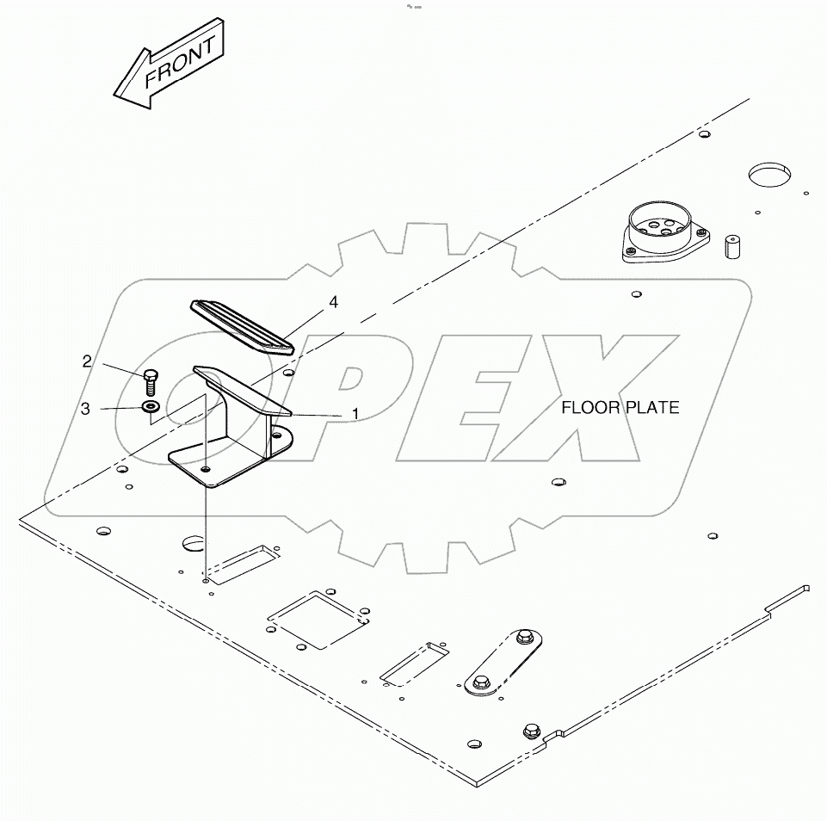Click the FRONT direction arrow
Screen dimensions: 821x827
tap(170, 65)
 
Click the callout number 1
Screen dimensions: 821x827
tap(355, 414)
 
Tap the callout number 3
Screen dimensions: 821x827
tap(85, 410)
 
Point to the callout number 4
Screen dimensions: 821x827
tap(332, 302)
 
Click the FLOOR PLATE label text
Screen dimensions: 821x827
tap(620, 407)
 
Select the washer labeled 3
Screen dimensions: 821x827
tap(151, 406)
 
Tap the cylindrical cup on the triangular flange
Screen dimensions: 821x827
tap(661, 229)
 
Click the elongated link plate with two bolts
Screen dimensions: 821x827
tap(504, 661)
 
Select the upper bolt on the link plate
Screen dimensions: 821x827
tap(524, 639)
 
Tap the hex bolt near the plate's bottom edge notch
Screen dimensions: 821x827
tap(530, 732)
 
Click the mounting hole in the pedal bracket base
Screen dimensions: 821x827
tap(206, 468)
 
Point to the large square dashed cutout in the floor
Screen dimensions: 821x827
tap(318, 617)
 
